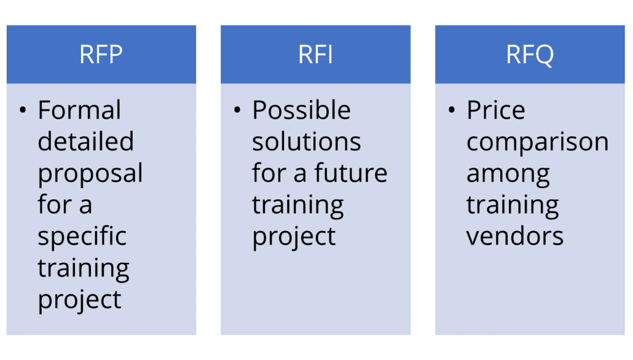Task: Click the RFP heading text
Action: tap(101, 55)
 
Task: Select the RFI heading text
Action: tap(315, 55)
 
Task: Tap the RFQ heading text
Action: tap(530, 55)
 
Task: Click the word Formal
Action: tap(79, 110)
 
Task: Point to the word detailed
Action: tap(85, 141)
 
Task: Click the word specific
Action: tap(82, 237)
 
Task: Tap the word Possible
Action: tap(301, 110)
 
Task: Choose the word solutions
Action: tap(307, 142)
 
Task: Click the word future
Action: tap(351, 173)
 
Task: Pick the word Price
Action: tap(496, 110)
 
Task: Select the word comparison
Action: tap(537, 143)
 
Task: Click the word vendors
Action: tap(515, 236)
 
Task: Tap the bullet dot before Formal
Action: tap(23, 110)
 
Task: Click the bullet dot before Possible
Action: tap(237, 110)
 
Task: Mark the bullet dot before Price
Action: tap(451, 110)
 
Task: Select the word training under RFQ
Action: tap(513, 206)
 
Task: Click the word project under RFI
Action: tap(294, 237)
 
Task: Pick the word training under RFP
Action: tap(83, 269)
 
